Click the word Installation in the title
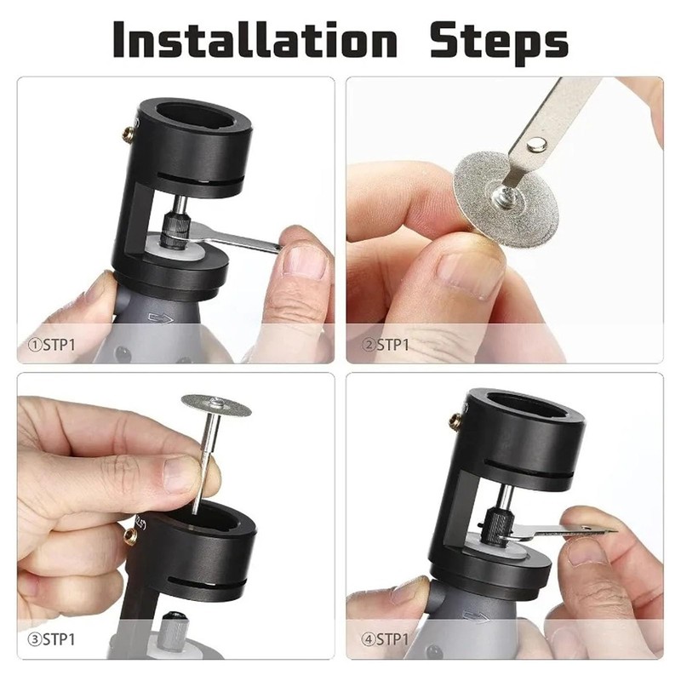(x=254, y=39)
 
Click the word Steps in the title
(x=498, y=39)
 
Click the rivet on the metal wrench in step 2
(x=536, y=145)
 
